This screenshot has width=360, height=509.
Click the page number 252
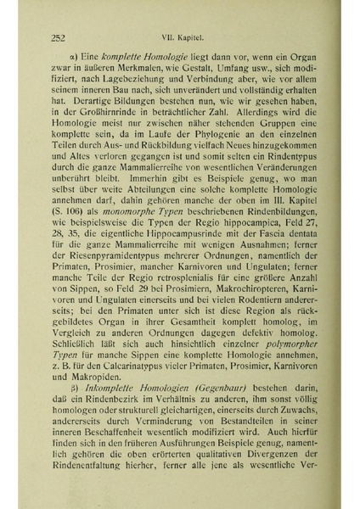59,36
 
